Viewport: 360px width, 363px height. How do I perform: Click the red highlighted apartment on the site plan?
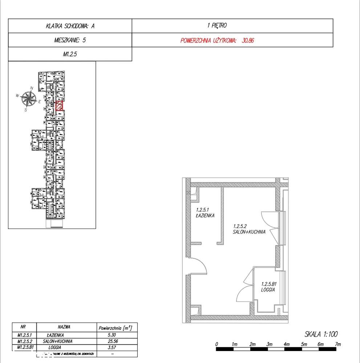(x=59, y=106)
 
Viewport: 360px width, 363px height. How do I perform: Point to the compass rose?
(x=29, y=98)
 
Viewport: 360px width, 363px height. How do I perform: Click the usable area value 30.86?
(x=248, y=40)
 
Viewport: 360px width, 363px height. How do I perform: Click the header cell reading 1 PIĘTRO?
(x=217, y=26)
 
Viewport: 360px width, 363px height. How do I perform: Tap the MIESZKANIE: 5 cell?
(x=70, y=40)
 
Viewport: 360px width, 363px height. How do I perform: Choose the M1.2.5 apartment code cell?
(x=70, y=54)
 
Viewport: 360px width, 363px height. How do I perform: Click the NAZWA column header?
(x=64, y=327)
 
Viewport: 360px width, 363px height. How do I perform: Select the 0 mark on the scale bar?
(x=217, y=343)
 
